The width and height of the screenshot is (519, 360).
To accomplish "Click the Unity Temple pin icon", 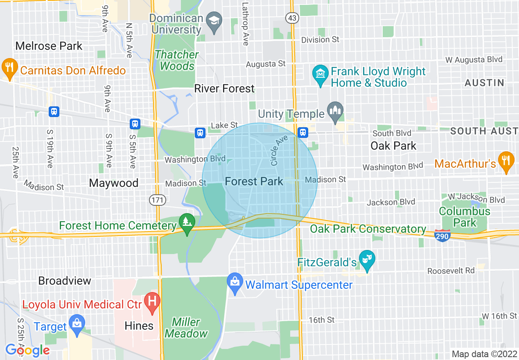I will click(335, 112).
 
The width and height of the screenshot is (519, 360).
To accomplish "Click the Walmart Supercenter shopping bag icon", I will click(235, 283).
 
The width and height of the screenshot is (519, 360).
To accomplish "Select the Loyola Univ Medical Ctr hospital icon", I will click(152, 302).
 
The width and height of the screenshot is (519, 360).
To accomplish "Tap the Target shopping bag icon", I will click(77, 323).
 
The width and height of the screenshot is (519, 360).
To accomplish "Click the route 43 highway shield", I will click(293, 18).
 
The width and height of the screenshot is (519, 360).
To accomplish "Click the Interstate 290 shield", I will click(443, 236).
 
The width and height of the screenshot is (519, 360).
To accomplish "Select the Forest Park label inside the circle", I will click(254, 182).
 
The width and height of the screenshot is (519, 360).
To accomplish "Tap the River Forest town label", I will click(224, 88).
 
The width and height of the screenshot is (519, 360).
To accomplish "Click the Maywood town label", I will click(113, 183).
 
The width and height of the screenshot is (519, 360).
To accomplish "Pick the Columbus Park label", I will click(465, 217).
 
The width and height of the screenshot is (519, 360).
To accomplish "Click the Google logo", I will click(27, 350).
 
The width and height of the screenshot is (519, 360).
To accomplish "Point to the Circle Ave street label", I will click(279, 151).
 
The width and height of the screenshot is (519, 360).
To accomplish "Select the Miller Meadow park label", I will click(186, 328).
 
